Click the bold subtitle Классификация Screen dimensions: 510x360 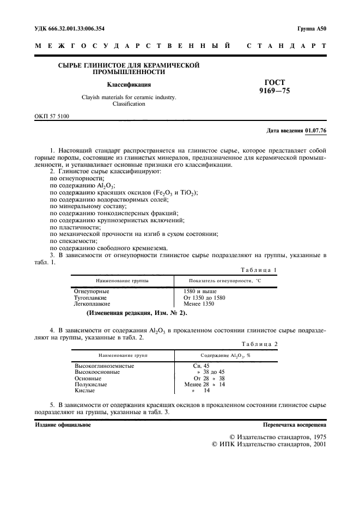click(x=129, y=84)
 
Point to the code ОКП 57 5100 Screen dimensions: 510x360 click(x=52, y=116)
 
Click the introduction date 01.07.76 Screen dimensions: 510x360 click(x=316, y=131)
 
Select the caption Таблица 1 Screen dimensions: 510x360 click(x=259, y=270)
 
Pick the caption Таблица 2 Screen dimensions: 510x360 click(x=259, y=344)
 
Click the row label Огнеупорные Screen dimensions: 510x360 click(x=90, y=292)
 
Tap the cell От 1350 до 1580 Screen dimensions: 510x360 click(x=205, y=297)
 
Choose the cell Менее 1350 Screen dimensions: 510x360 click(x=199, y=303)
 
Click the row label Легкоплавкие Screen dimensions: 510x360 click(x=92, y=303)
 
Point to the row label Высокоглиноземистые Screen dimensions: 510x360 click(x=104, y=366)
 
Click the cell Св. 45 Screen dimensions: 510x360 click(x=201, y=366)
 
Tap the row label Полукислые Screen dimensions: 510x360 click(x=89, y=384)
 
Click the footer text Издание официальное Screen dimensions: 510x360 click(x=63, y=423)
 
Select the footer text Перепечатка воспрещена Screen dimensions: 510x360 click(x=294, y=423)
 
